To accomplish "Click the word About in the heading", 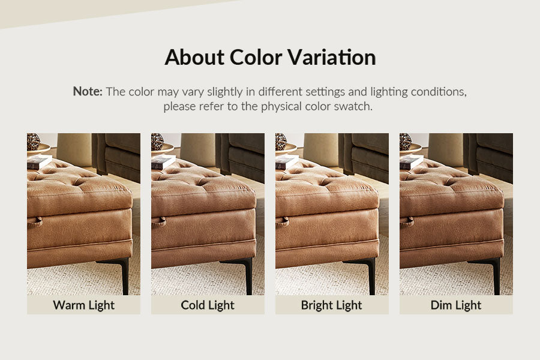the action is coord(194,57).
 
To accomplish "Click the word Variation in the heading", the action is coord(332,57).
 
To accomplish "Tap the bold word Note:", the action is coord(88,91).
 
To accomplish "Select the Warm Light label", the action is coord(83,305).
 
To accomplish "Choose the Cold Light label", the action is coord(208,305).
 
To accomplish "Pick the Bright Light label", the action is coord(332,305).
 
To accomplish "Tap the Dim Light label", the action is coord(456,305).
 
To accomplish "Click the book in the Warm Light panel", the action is coord(39,162).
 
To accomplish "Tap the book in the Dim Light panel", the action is coord(411,162).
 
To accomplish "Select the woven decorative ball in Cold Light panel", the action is coord(157,142).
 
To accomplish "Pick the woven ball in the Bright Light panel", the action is coord(281,142).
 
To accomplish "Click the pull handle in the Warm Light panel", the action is coord(35,222).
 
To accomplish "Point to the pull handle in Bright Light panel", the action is coord(283,222).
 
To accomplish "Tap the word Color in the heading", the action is coord(256,57).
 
